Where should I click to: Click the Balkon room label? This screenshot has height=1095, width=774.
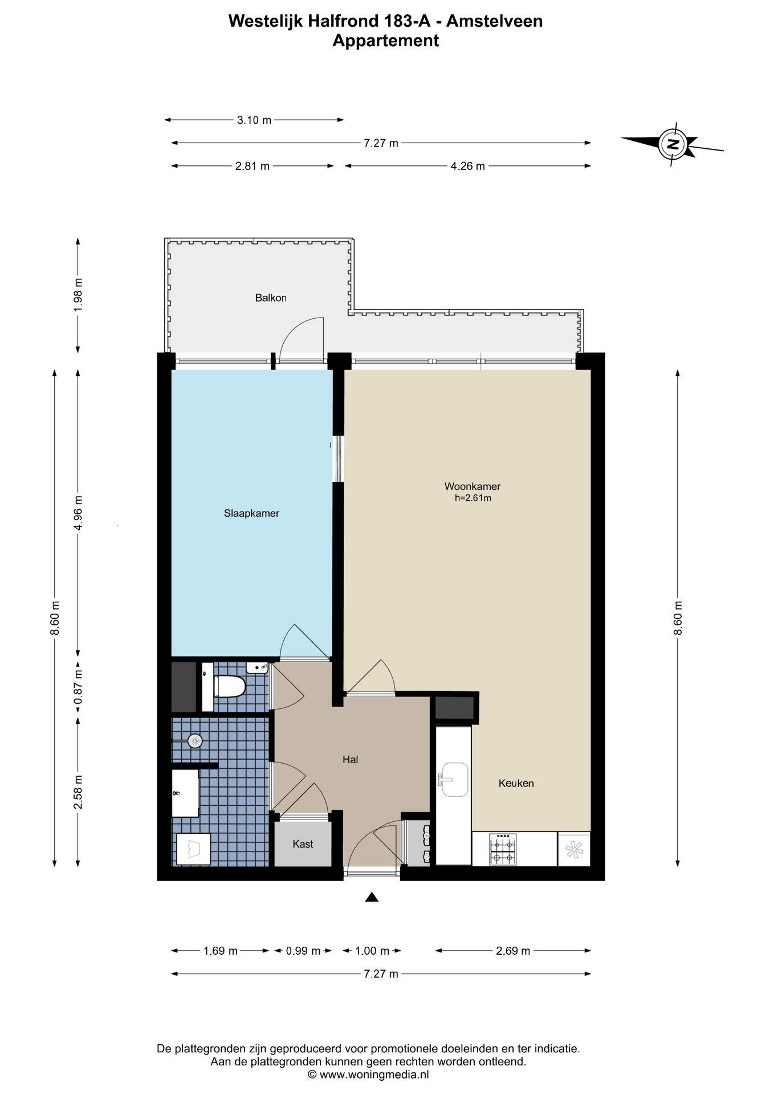coord(271,298)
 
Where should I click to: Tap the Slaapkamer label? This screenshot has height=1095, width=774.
coord(251,513)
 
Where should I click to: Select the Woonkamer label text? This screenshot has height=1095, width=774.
coord(472,486)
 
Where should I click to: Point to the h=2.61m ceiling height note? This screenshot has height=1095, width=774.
coord(472,498)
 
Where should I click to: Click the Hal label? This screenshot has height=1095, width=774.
coord(350,760)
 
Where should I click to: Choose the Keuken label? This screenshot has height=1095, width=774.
coord(516,783)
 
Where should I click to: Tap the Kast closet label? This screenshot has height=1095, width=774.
coord(303,844)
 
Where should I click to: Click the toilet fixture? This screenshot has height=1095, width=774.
coord(229,686)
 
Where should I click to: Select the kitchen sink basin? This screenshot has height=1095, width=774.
coord(454,780)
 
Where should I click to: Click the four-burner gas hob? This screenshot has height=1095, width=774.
coord(503,849)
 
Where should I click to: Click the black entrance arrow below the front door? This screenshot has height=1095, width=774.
coord(372,897)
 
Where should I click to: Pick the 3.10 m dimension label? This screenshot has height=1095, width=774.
coord(254,120)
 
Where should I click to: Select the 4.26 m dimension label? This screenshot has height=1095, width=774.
coord(467,166)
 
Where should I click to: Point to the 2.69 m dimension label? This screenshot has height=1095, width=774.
coord(513,951)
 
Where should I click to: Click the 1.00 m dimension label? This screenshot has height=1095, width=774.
coord(372,951)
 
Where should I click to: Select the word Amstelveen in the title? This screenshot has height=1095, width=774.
coord(494,21)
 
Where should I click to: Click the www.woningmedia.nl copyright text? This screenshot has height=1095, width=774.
coord(368,1074)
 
